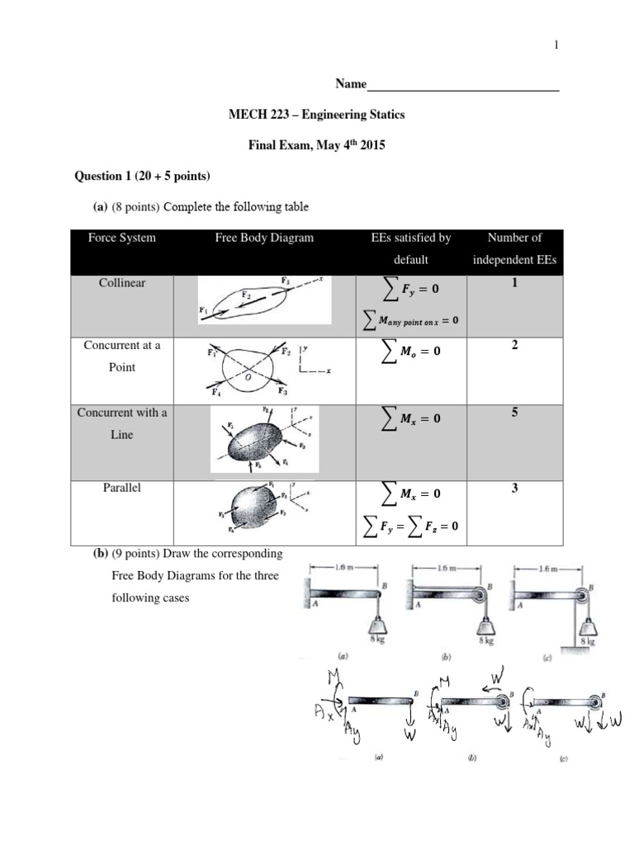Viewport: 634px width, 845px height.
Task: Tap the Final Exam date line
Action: coord(317,145)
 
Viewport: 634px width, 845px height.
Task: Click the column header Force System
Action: coord(121,238)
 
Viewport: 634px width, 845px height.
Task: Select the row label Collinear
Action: coord(122,283)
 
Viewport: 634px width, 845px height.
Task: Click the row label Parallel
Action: coord(122,488)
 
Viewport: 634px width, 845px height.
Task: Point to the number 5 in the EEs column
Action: coord(514,413)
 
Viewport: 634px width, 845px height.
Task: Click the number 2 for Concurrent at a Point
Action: coord(514,346)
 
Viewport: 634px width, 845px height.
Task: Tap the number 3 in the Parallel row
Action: coord(514,489)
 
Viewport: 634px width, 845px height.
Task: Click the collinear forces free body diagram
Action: coord(264,300)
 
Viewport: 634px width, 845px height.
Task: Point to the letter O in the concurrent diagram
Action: coord(246,375)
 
